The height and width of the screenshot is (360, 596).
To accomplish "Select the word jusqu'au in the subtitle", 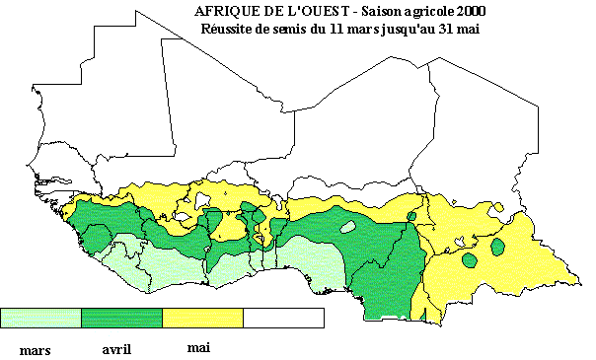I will [413, 29].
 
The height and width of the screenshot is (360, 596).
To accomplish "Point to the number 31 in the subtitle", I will [457, 28].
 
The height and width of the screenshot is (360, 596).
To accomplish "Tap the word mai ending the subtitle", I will [483, 28].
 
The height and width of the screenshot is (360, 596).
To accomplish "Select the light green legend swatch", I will [40, 318].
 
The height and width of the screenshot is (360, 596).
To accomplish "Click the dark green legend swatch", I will [121, 318].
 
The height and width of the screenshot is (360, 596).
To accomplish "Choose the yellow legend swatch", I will [202, 318].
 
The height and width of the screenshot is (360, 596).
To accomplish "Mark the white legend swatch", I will [283, 318].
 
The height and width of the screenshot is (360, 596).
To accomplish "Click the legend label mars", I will [37, 350].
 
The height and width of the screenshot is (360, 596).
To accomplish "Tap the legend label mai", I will [197, 347].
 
